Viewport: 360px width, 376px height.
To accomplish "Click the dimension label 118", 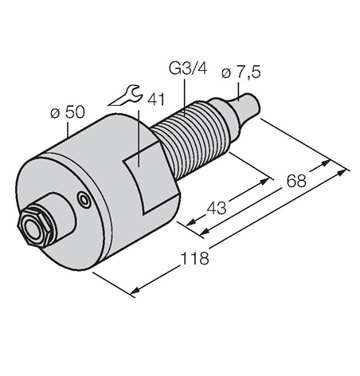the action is pos(194,258).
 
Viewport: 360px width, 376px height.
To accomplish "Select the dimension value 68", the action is pos(296,181).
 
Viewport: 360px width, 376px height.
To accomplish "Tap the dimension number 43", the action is pos(217,208).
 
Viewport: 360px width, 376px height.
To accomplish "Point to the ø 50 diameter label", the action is pos(68,112).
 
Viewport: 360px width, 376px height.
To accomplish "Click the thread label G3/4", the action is pos(188,69).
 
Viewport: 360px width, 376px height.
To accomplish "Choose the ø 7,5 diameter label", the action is pos(241,72).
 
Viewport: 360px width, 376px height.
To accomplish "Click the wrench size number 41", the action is pos(156,100).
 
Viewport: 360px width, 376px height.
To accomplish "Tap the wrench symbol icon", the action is pos(125,96).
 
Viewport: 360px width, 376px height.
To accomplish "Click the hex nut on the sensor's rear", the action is pos(34,226).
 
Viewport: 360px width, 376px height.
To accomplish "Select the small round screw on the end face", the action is pos(84,199).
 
